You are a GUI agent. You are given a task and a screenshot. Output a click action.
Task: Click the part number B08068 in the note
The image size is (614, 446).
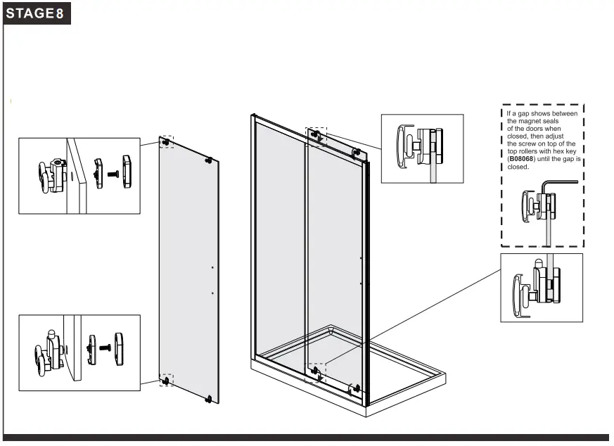coord(521,160)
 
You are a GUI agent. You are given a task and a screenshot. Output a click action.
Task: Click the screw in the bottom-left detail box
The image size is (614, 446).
coord(105,348)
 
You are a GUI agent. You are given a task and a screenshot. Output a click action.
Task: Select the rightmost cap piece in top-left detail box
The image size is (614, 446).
coord(127,172)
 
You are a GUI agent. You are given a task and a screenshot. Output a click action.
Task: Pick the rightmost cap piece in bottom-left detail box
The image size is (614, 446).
coord(120,348)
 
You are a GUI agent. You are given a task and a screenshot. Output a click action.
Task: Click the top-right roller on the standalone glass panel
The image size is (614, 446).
coord(208,160)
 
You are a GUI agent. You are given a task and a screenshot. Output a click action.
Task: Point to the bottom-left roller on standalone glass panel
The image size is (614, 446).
coord(166,381)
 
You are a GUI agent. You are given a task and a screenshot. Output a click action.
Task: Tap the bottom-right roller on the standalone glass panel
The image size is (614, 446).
coord(208,399)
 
